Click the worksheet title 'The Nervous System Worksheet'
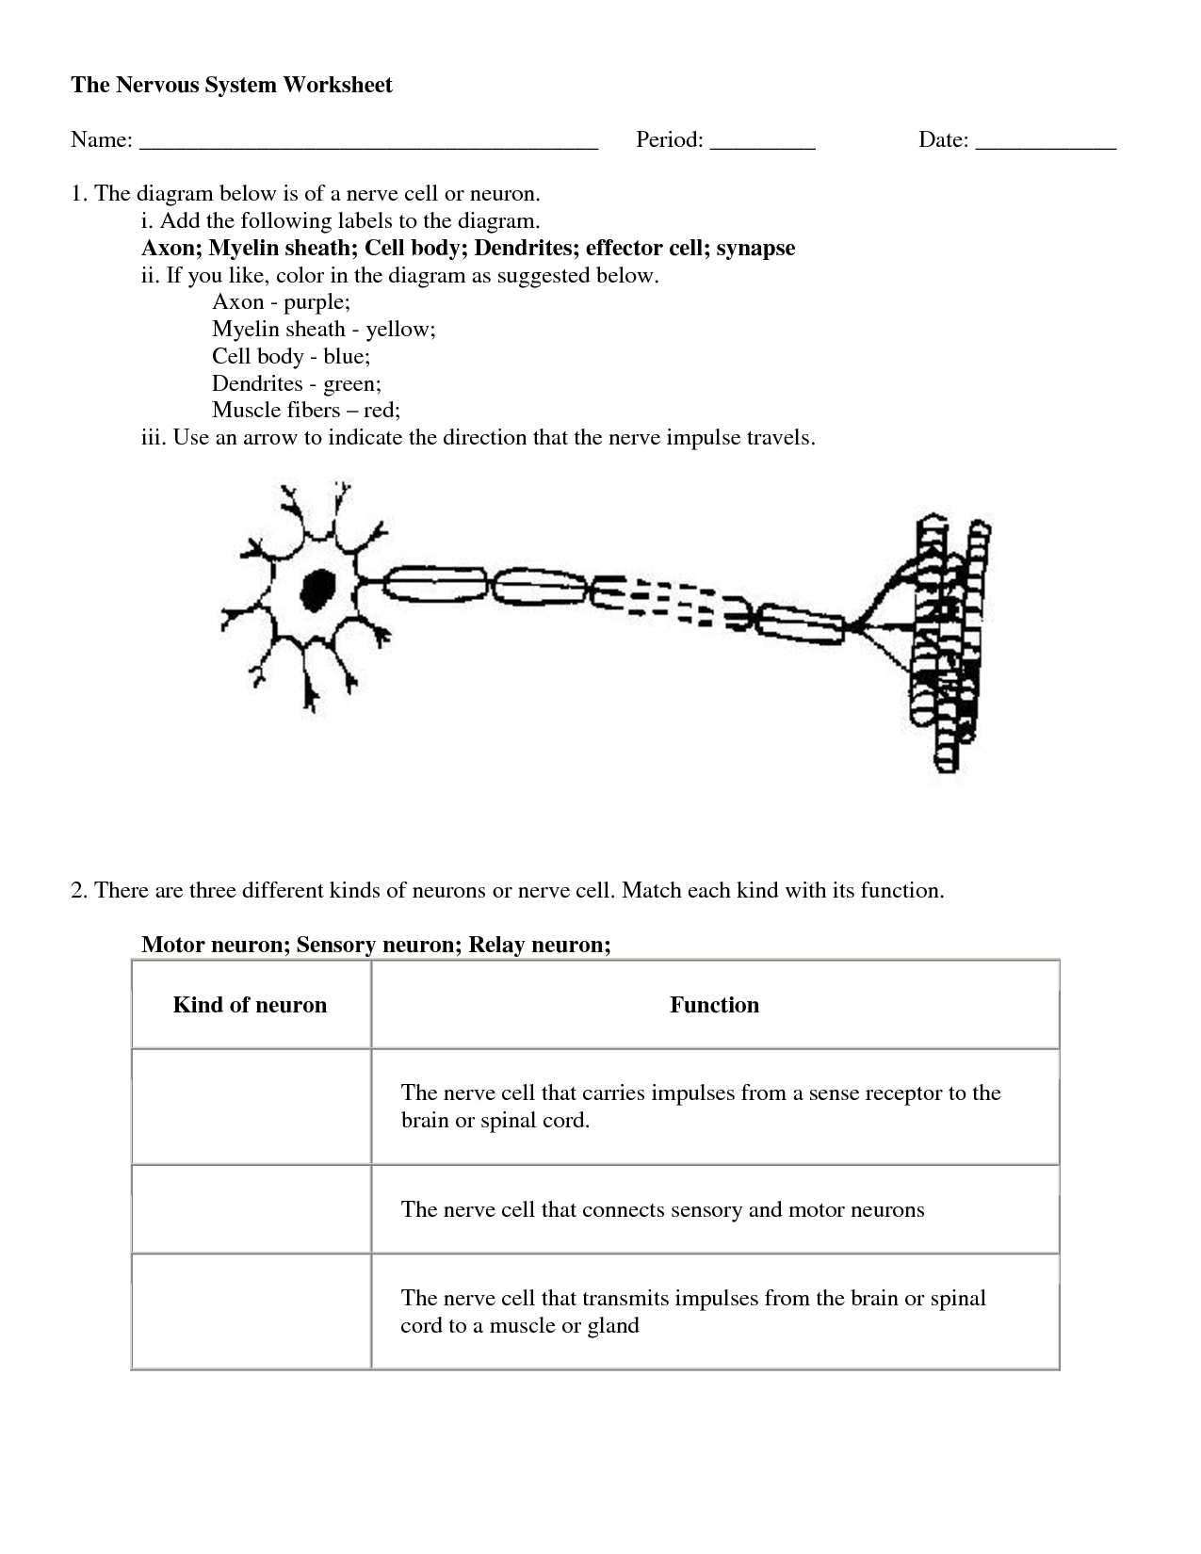pos(232,85)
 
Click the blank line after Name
pos(368,141)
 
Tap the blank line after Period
pos(762,141)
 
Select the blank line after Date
pos(1046,141)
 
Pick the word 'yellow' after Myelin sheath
pos(399,329)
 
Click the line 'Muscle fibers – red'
pos(306,410)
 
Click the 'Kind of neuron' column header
pos(250,1005)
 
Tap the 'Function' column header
pos(714,1005)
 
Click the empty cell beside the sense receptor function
pos(251,1107)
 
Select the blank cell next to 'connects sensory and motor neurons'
pos(251,1209)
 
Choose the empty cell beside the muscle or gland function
pos(251,1311)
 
